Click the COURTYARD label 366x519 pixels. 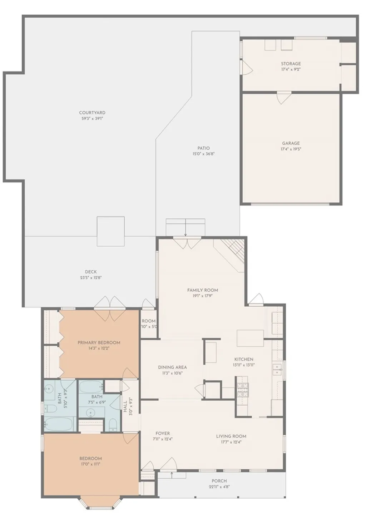pos(92,113)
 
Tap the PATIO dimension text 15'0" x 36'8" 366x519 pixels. pos(203,154)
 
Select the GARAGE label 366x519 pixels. pos(291,143)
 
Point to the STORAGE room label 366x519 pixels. pos(291,64)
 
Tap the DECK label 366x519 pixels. pos(91,272)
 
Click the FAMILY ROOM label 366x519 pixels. pos(202,290)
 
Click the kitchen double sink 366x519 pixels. pos(277,370)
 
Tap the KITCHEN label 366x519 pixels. pos(244,359)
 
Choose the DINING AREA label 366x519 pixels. pos(172,367)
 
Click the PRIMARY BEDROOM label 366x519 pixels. pos(99,342)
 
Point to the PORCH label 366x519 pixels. pos(219,481)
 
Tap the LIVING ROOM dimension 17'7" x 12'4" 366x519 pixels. pos(231,442)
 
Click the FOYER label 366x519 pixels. pos(163,433)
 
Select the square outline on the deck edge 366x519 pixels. pos(111,231)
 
